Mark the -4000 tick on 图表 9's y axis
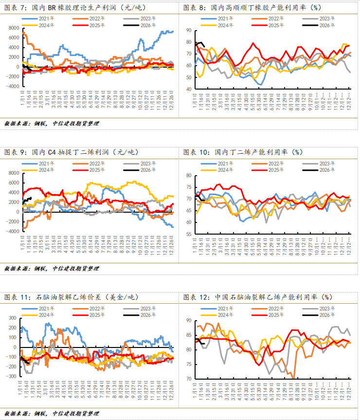(x=12, y=232)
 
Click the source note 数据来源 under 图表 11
(x=52, y=413)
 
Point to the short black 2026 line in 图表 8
(x=199, y=44)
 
